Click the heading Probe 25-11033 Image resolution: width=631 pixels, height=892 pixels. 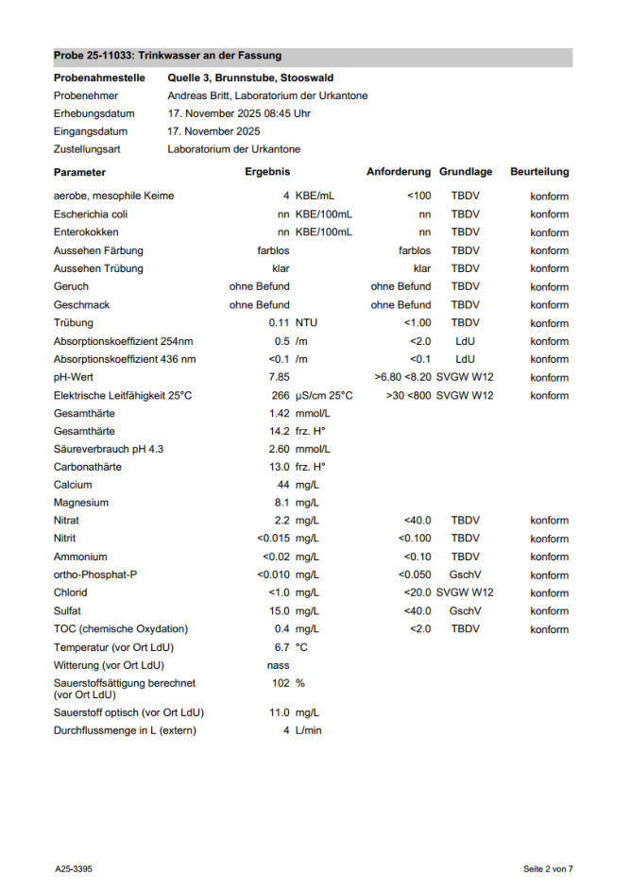[x=167, y=56]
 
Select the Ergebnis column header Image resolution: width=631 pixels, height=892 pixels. [x=267, y=172]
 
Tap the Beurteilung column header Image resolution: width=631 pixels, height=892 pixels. [x=539, y=172]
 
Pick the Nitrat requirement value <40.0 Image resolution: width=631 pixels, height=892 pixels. [x=417, y=521]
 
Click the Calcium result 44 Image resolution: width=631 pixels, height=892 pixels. [x=282, y=485]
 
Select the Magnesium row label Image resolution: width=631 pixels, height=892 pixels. [x=81, y=503]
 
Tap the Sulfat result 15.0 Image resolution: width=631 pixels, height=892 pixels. [x=277, y=611]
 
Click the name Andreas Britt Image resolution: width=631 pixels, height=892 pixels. [x=201, y=95]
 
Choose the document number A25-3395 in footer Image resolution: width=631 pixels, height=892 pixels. [x=73, y=868]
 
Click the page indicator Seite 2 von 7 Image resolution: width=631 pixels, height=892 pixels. [x=548, y=868]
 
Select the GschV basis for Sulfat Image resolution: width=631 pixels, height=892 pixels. [x=465, y=611]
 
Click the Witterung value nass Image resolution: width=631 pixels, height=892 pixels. [x=279, y=665]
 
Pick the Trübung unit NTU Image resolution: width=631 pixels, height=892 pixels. [x=306, y=323]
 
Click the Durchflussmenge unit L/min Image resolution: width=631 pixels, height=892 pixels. [x=308, y=730]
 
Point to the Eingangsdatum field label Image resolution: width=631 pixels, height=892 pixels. [x=91, y=131]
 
